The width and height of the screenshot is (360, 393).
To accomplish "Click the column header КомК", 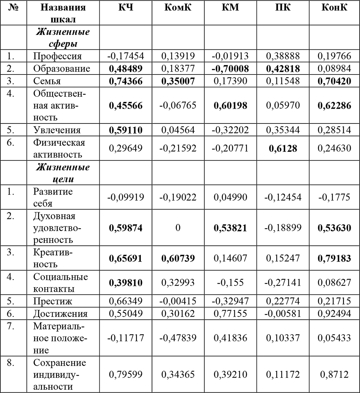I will (x=178, y=8).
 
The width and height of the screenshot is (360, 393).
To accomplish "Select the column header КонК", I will (x=334, y=8).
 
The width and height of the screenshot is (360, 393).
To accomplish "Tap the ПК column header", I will (x=283, y=8).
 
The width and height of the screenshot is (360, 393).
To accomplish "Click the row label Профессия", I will (x=58, y=56).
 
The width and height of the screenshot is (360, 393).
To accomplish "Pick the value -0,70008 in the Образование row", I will (x=230, y=68).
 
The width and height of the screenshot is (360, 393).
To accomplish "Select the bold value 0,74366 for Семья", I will (x=126, y=81).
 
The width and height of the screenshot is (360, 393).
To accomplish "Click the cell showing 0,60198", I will (x=230, y=105).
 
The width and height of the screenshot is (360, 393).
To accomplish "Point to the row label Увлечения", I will (x=57, y=130).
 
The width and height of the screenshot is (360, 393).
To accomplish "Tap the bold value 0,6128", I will (x=283, y=148).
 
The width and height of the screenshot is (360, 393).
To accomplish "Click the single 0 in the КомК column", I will (x=178, y=228).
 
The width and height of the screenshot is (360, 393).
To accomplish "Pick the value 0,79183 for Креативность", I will (x=334, y=258).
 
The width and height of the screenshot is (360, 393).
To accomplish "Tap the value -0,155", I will (x=230, y=283).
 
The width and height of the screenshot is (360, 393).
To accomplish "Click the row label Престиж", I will (x=53, y=301).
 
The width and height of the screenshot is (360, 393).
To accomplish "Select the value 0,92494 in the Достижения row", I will (x=334, y=313).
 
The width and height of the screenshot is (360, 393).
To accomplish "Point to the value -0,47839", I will (x=178, y=338).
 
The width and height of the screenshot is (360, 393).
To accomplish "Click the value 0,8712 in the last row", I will (x=334, y=375).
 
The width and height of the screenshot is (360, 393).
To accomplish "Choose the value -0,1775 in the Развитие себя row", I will (x=334, y=197).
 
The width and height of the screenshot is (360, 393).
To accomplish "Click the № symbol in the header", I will (x=13, y=8).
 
